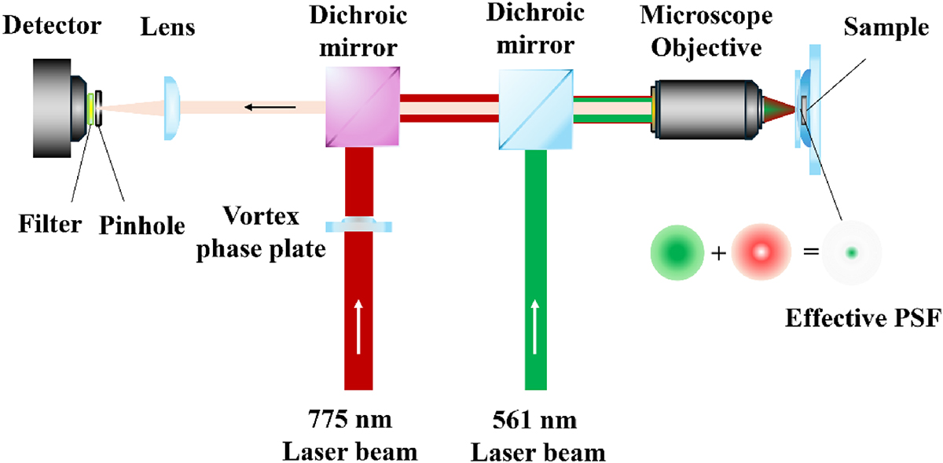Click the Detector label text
(51, 27)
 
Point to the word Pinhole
(142, 226)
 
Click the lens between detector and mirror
(172, 108)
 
